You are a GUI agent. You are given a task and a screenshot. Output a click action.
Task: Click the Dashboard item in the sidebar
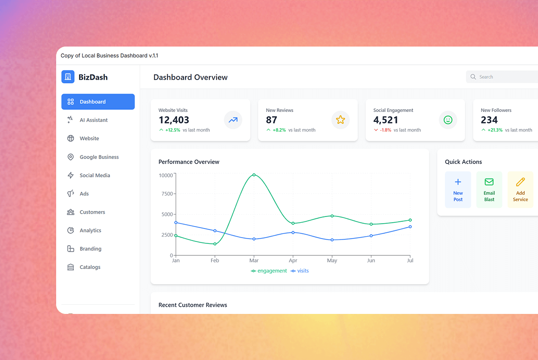(x=98, y=102)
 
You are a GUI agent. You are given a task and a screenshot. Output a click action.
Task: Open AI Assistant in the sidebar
(x=93, y=120)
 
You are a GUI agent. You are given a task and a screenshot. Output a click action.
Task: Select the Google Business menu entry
(x=98, y=157)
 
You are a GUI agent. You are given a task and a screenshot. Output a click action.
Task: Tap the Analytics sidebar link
(x=90, y=230)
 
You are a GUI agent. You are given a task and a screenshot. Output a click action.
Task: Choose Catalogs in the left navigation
(x=90, y=267)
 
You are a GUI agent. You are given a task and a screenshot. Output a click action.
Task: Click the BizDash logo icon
(x=68, y=77)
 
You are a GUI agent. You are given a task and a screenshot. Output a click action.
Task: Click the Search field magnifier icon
(x=473, y=77)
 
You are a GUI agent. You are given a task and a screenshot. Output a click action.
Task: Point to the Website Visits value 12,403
(x=174, y=120)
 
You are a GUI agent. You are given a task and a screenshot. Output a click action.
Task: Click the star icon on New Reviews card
(x=340, y=120)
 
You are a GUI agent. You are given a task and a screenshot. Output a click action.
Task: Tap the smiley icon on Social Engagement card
(x=448, y=120)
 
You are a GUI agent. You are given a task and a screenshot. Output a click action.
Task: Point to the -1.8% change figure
(x=385, y=130)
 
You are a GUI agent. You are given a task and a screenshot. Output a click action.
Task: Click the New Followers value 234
(x=489, y=120)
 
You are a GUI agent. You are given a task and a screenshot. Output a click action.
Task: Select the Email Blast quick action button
(x=489, y=190)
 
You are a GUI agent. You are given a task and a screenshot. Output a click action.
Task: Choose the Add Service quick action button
(x=520, y=190)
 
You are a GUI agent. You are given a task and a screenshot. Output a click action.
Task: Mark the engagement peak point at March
(x=254, y=175)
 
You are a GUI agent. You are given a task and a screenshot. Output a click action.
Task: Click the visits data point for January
(x=176, y=222)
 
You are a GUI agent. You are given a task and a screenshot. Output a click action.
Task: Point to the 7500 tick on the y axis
(x=166, y=194)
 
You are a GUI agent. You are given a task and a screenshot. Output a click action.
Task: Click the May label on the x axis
(x=332, y=261)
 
